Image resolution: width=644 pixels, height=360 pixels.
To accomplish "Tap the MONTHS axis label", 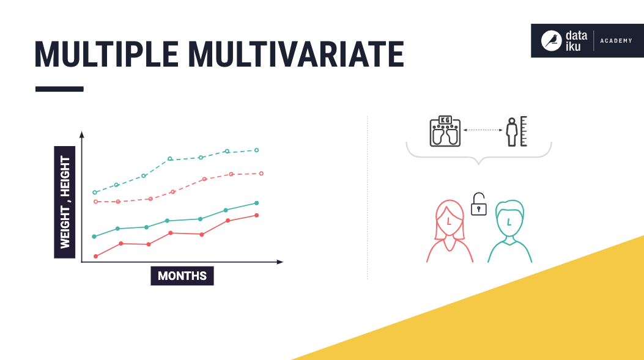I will click(182, 276).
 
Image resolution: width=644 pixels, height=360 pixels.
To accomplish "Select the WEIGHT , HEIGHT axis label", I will click(65, 202).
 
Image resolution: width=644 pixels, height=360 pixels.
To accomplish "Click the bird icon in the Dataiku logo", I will click(553, 41).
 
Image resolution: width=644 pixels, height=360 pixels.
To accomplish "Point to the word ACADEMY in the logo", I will click(616, 41).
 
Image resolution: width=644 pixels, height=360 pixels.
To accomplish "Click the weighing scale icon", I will click(445, 131).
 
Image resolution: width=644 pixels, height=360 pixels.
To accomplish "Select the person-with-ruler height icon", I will click(516, 131).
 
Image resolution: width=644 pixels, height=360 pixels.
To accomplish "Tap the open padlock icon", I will click(479, 205).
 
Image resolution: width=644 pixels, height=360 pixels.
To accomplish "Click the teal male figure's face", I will click(509, 222).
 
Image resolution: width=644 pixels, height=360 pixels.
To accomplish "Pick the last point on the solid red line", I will click(256, 215).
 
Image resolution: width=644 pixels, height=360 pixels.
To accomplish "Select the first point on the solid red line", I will click(95, 256).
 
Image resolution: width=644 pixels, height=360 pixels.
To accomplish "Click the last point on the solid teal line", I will click(256, 203).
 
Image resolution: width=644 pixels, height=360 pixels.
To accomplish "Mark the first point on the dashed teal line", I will click(94, 193).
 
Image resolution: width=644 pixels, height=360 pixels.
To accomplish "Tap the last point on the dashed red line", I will click(261, 174).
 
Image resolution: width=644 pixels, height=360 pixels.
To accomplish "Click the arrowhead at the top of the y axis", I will click(81, 134).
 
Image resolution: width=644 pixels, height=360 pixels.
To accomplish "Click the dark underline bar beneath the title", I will click(59, 89).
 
